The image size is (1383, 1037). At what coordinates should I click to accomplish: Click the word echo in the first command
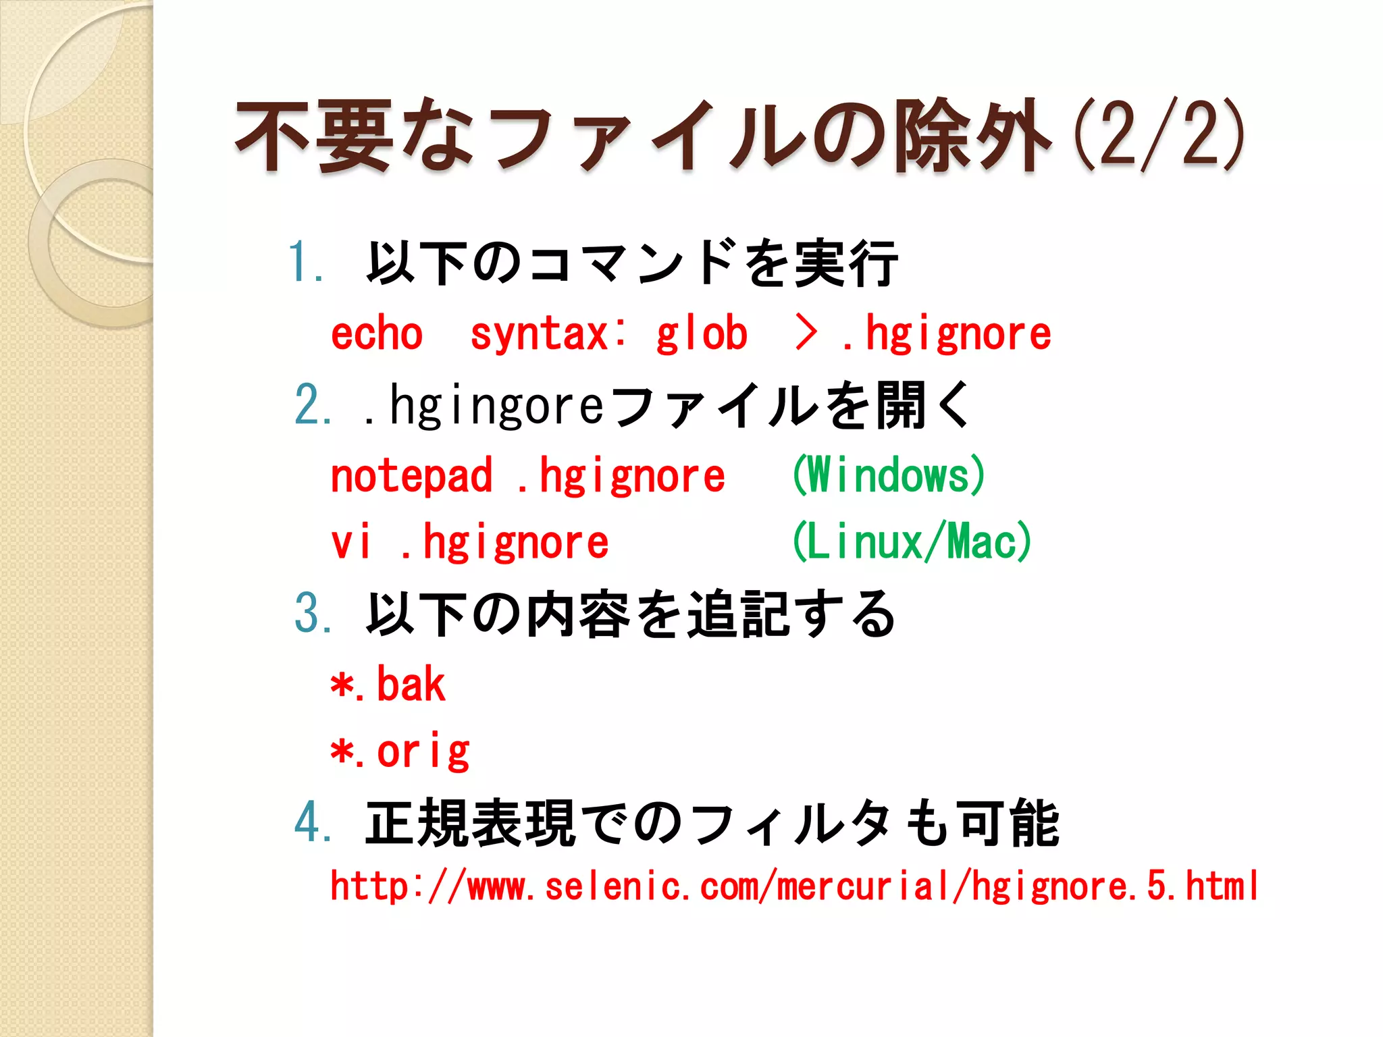376,334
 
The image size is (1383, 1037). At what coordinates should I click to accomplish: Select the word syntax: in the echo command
548,334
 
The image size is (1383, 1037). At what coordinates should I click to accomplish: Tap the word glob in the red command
702,334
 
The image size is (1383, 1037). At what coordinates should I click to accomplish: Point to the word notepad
411,477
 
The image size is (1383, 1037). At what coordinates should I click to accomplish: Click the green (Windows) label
889,475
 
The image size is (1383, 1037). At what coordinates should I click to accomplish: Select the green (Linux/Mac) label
912,542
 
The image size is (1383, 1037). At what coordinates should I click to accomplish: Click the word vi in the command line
350,543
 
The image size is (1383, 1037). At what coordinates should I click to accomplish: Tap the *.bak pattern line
388,685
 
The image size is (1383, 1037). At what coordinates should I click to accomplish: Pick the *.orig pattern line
400,752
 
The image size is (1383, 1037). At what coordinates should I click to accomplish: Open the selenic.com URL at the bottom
793,886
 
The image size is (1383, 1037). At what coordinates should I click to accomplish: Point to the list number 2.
312,406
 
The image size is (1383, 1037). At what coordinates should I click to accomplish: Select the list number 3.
312,614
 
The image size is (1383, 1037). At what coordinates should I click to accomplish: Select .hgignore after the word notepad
621,477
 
